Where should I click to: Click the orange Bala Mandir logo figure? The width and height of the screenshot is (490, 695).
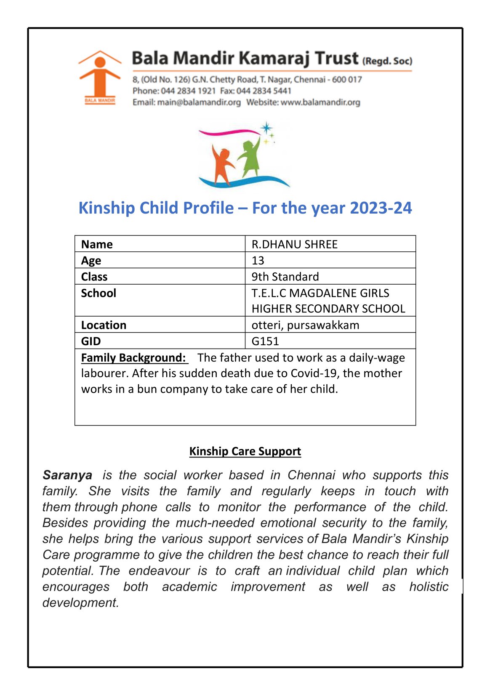click(100, 76)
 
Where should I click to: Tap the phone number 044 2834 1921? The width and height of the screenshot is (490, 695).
click(188, 91)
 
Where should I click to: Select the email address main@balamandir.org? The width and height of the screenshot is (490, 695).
click(199, 102)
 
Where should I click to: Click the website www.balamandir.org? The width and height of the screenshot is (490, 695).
click(320, 102)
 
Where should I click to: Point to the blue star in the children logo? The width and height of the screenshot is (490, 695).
click(266, 128)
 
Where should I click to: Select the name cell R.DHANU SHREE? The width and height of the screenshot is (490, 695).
click(295, 244)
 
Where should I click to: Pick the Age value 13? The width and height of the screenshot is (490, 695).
click(258, 261)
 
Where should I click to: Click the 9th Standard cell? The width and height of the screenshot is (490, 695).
click(285, 277)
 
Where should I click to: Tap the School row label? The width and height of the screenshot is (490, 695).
click(99, 293)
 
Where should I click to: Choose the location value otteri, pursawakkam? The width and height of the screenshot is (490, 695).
click(305, 325)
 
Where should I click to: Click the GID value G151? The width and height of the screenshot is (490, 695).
click(265, 341)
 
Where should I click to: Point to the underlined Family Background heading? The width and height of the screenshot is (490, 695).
click(133, 357)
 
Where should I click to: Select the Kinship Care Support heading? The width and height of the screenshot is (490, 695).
click(245, 451)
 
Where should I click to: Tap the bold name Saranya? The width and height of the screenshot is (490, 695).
click(67, 475)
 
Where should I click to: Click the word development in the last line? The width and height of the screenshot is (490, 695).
click(80, 603)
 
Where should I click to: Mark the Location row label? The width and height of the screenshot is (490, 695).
click(104, 325)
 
